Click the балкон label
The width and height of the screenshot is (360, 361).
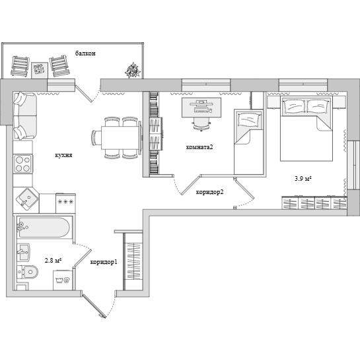[x=85, y=53]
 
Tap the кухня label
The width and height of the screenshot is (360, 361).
[x=63, y=155]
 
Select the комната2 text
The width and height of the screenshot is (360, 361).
[x=199, y=147]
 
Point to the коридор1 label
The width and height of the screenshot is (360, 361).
[x=104, y=262]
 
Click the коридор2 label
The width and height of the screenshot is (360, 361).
[x=210, y=192]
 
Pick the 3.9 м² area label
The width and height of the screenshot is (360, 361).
[x=303, y=178]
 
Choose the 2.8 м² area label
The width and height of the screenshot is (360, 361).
[x=53, y=261]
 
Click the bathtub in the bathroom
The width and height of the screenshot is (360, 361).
[x=44, y=227]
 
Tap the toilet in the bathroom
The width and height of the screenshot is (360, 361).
[x=28, y=273]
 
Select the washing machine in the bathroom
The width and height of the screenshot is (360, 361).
[x=63, y=280]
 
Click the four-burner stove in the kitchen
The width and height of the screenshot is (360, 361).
[x=23, y=164]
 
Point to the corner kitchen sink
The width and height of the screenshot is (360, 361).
[x=27, y=199]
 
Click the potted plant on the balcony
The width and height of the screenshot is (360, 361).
[x=133, y=70]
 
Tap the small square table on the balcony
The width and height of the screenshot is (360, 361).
[x=40, y=70]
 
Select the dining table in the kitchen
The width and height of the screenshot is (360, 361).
[x=121, y=138]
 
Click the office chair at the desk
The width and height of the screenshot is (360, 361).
[x=201, y=124]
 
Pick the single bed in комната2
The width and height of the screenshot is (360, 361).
[x=248, y=142]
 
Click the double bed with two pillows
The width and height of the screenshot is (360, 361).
[x=306, y=129]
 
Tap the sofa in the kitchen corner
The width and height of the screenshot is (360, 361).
[x=25, y=116]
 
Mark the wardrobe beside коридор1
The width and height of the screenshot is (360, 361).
[x=133, y=261]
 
